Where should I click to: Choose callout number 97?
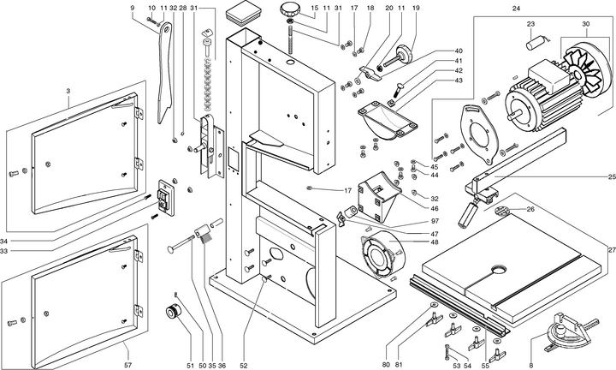435,222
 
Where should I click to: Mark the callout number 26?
530,209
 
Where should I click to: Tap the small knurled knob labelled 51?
175,311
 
